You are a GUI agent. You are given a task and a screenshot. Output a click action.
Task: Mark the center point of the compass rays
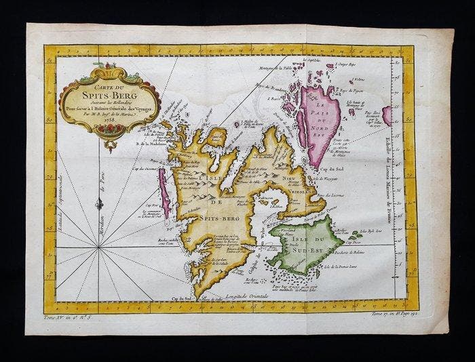pyautogui.click(x=100, y=247)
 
